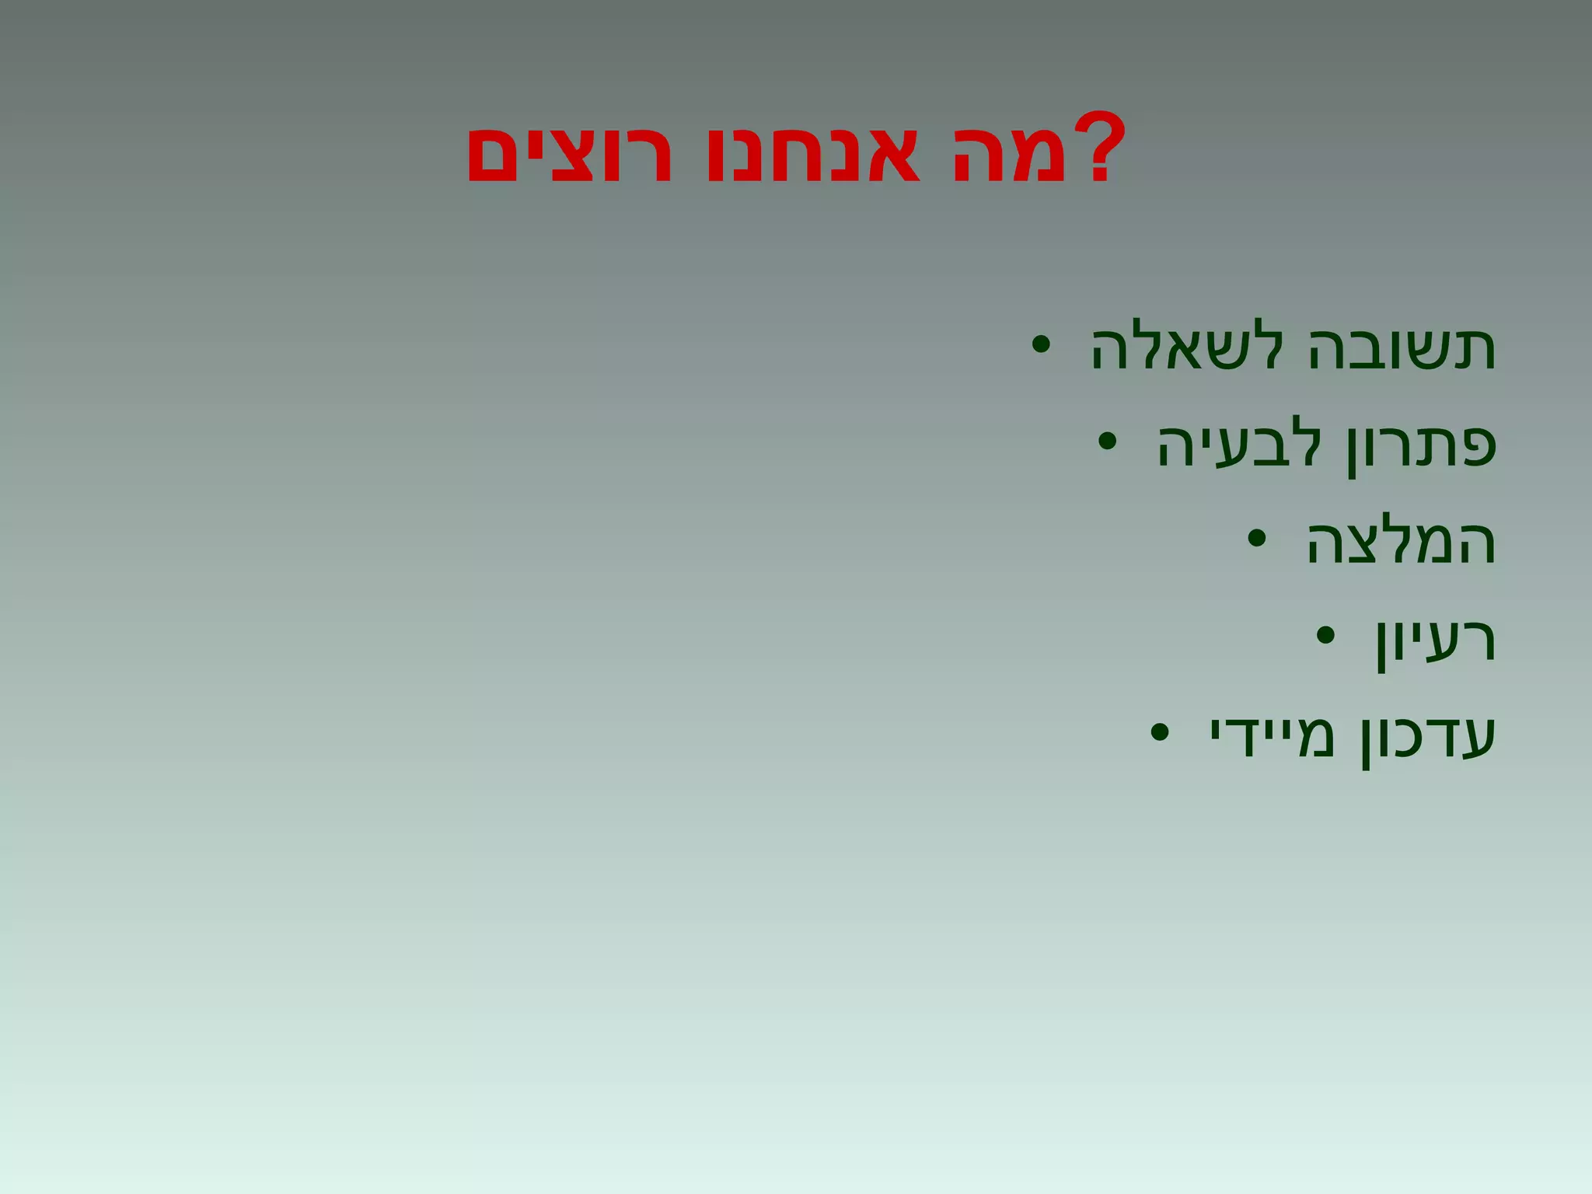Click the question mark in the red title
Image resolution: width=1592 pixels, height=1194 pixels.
(x=1098, y=147)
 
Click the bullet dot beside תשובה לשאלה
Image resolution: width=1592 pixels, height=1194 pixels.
(x=1041, y=344)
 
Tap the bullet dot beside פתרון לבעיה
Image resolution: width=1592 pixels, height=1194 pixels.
(x=1107, y=442)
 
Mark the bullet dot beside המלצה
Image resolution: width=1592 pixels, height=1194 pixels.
(x=1256, y=538)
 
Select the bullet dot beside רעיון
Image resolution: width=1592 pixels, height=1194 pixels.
(x=1325, y=635)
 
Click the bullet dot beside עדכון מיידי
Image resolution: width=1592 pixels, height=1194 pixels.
(x=1159, y=732)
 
